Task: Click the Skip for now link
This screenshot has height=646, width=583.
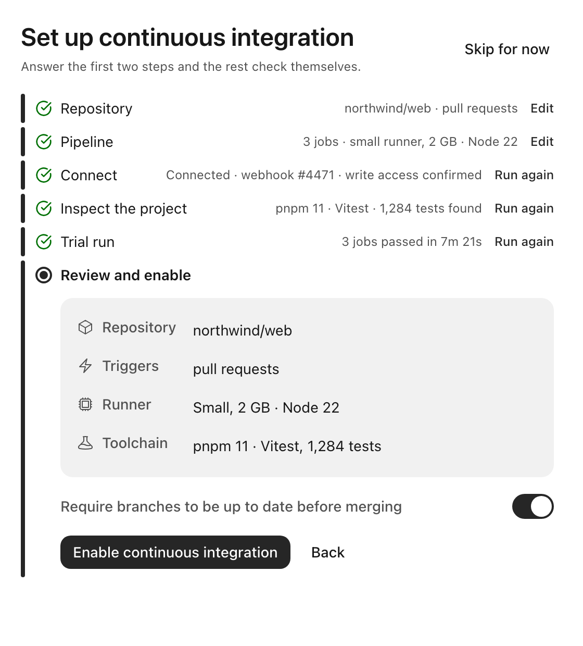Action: pyautogui.click(x=506, y=49)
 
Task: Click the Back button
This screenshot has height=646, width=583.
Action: pyautogui.click(x=328, y=552)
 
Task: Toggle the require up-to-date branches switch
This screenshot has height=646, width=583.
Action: pyautogui.click(x=533, y=506)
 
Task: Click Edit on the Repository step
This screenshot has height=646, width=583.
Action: pyautogui.click(x=542, y=108)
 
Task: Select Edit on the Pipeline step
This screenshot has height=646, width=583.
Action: pyautogui.click(x=542, y=142)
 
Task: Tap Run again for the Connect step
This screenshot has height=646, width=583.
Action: pyautogui.click(x=524, y=175)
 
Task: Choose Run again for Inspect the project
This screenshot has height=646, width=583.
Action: pyautogui.click(x=524, y=208)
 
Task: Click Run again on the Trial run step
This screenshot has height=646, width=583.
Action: pyautogui.click(x=524, y=242)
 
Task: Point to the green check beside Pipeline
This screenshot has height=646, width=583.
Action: pyautogui.click(x=44, y=142)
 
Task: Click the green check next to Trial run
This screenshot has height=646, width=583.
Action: pyautogui.click(x=44, y=242)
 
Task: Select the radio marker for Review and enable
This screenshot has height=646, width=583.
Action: pyautogui.click(x=44, y=276)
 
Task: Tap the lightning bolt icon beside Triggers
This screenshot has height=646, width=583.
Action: pyautogui.click(x=85, y=366)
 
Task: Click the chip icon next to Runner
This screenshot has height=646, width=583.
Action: pyautogui.click(x=85, y=404)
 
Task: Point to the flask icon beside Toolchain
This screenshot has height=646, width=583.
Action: pyautogui.click(x=85, y=443)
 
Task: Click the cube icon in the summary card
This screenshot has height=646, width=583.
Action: pyautogui.click(x=85, y=328)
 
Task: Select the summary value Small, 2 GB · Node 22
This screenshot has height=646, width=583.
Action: pyautogui.click(x=266, y=408)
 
